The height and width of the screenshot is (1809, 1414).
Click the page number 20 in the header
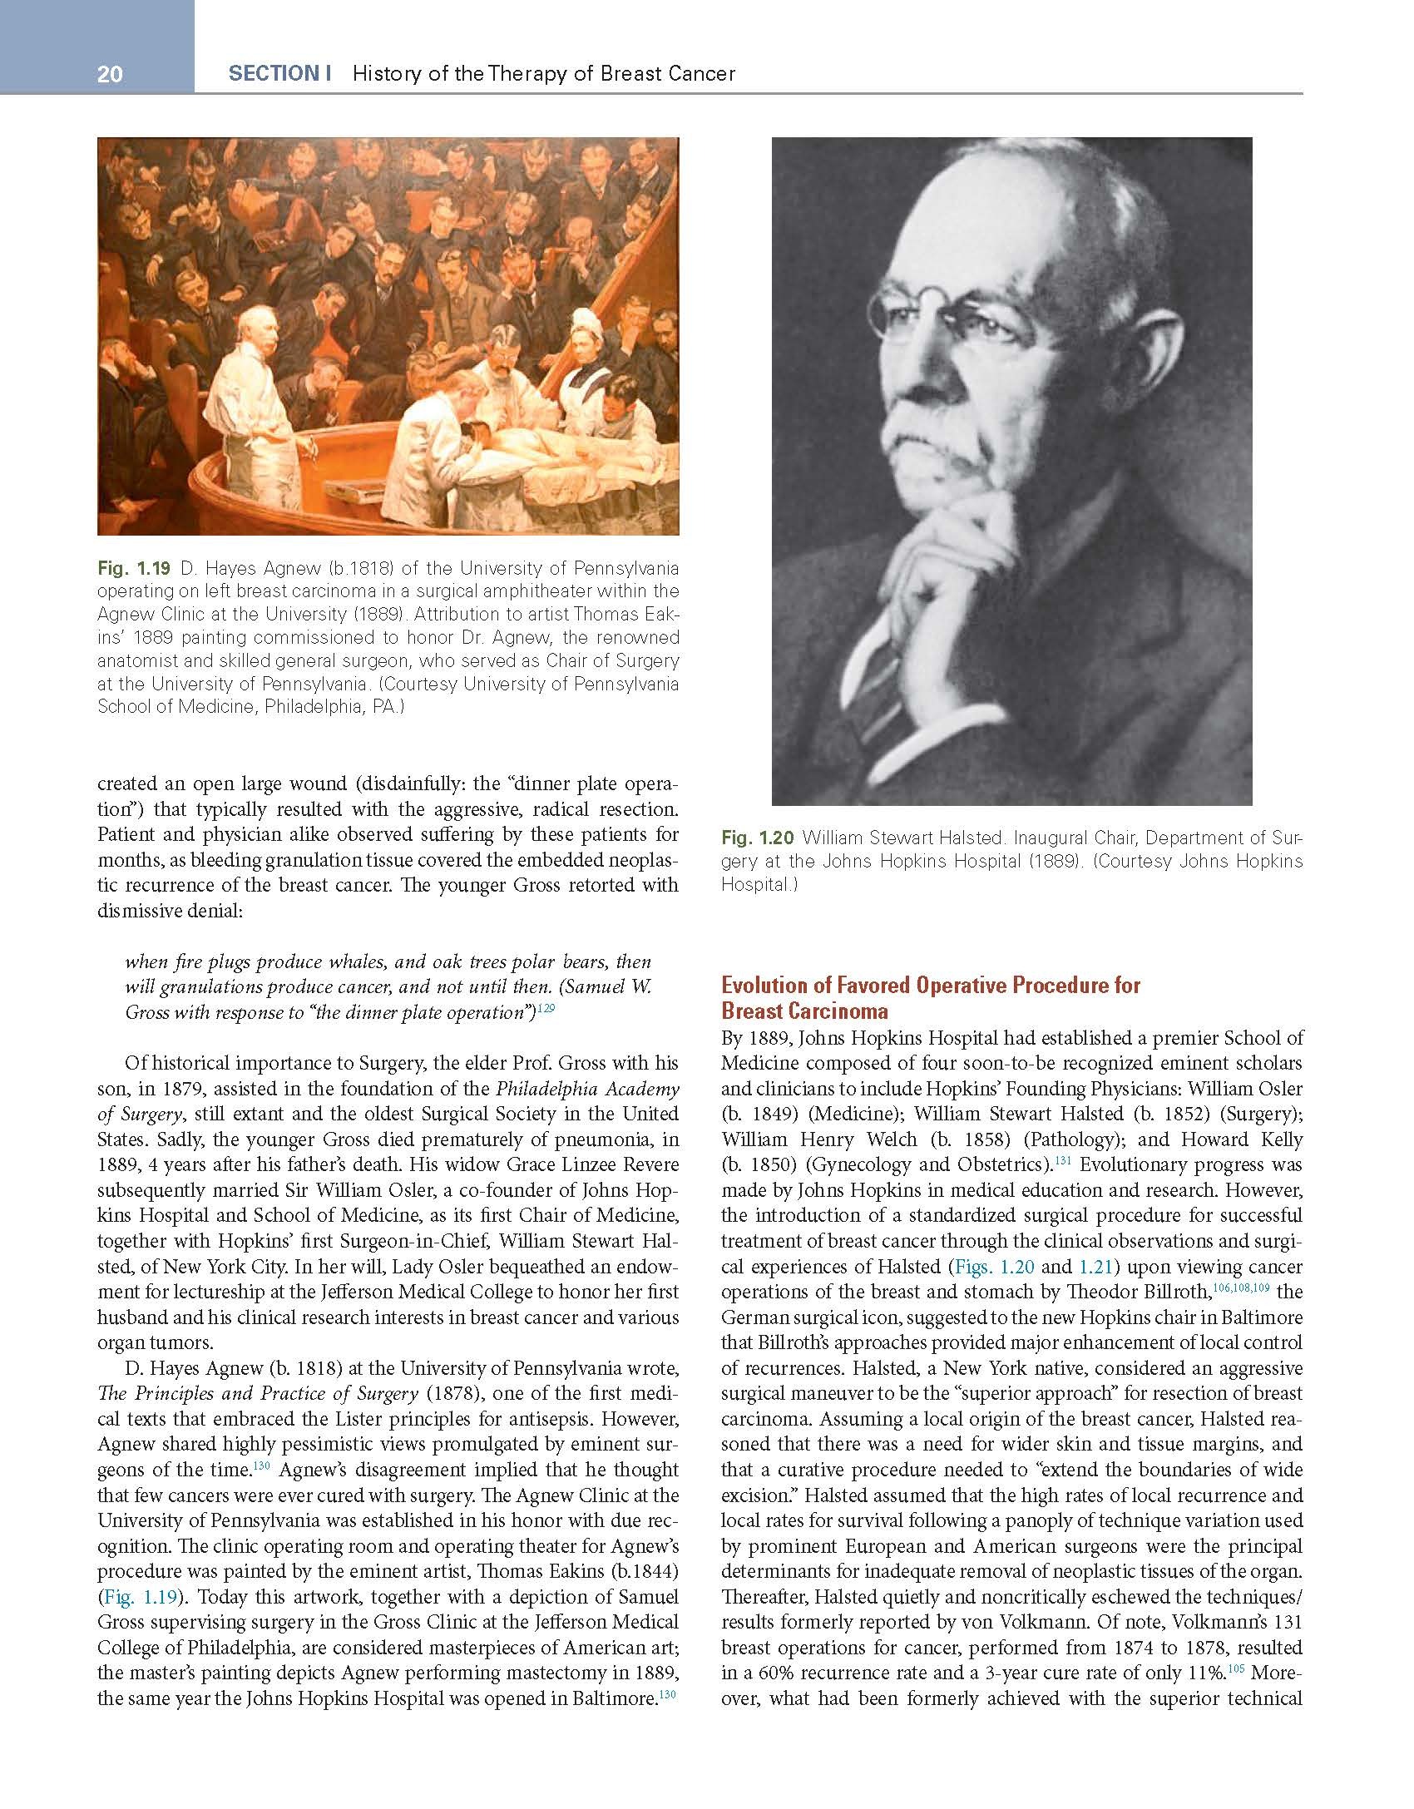pyautogui.click(x=110, y=75)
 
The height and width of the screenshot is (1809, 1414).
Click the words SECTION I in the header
pyautogui.click(x=279, y=73)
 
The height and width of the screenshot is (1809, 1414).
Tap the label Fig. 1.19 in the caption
pyautogui.click(x=134, y=569)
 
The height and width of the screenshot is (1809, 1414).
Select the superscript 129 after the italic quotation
pyautogui.click(x=546, y=1008)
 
